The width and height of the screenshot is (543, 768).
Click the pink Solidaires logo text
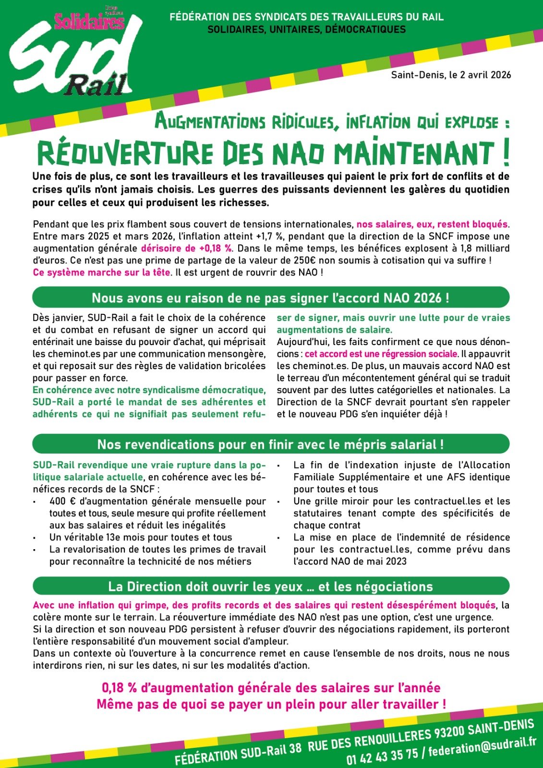pos(89,21)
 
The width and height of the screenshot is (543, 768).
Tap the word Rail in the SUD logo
pos(96,86)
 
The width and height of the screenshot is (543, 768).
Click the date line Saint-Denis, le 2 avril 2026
pos(451,75)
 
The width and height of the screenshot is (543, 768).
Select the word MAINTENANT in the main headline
pos(413,154)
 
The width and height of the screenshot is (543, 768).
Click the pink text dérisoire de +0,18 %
pos(186,248)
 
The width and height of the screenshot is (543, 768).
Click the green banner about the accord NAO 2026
pos(271,298)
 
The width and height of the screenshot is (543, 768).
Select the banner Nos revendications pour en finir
pos(271,444)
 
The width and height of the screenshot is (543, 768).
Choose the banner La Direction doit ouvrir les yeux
pos(271,586)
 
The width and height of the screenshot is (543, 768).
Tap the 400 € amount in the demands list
pos(60,501)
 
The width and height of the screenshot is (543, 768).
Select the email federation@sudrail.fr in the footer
pos(482,745)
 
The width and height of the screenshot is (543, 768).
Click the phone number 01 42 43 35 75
pos(382,755)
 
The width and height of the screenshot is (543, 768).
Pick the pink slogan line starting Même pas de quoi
pos(271,705)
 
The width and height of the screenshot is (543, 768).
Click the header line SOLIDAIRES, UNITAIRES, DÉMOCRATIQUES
pos(306,30)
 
